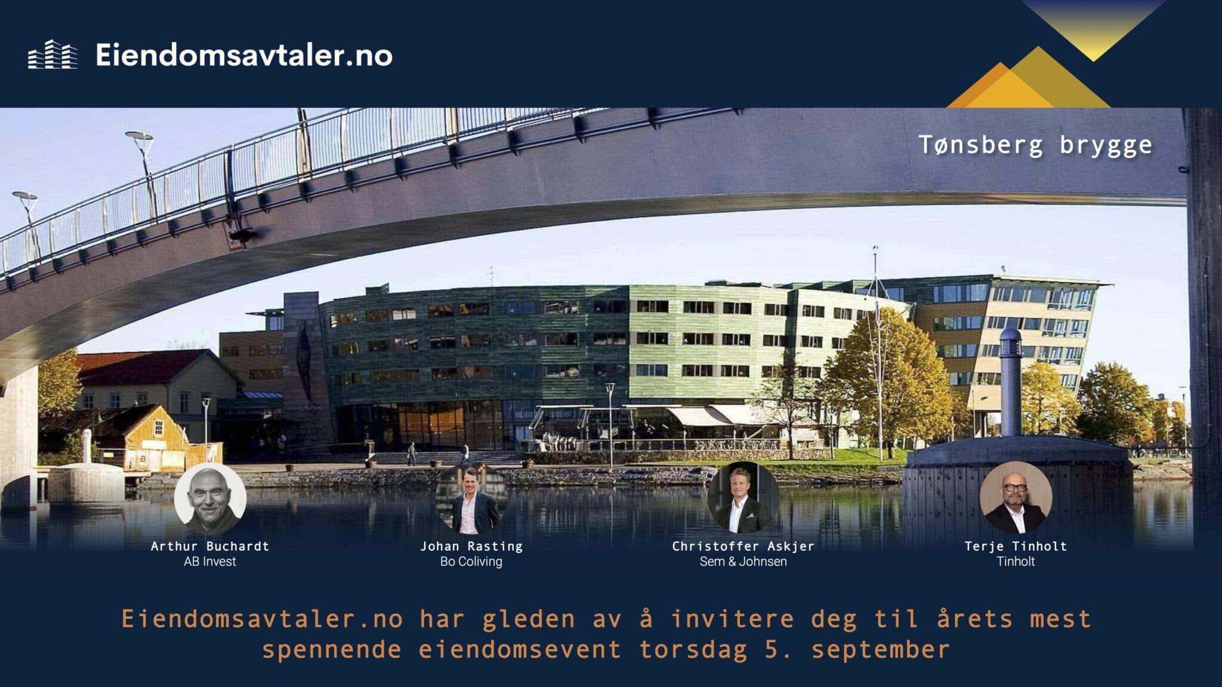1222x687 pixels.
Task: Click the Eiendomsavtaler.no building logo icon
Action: pos(53,55)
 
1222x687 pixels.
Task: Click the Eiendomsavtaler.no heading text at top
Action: pos(243,55)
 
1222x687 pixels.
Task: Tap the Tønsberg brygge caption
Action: pos(1035,145)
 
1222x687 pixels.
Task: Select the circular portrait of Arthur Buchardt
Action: pos(210,499)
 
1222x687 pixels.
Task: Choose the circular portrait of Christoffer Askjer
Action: pos(743,499)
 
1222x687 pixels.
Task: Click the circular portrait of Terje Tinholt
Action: pos(1016,499)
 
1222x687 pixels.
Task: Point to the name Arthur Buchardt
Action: pos(210,546)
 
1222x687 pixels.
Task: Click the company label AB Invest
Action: pos(210,562)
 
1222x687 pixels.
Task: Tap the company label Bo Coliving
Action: pos(471,562)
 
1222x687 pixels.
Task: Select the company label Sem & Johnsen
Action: pos(743,562)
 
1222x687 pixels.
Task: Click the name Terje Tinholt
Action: pos(1016,546)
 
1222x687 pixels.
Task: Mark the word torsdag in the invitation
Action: pos(693,649)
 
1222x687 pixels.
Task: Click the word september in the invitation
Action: pos(880,649)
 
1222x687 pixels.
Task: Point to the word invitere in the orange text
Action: pos(733,619)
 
